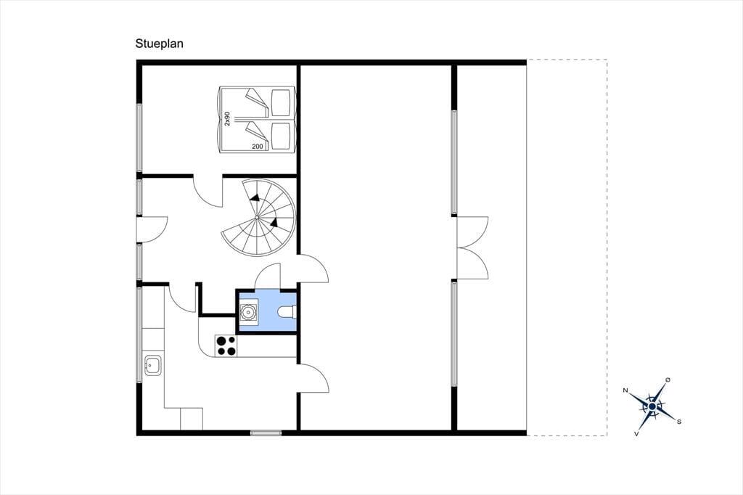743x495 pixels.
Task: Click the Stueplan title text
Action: (x=159, y=44)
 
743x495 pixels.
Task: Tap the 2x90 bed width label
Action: (x=227, y=118)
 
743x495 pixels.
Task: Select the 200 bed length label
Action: (x=258, y=147)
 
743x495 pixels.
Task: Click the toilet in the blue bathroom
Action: (x=287, y=312)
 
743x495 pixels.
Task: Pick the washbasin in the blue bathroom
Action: (x=248, y=312)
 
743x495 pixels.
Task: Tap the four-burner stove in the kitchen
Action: (x=226, y=345)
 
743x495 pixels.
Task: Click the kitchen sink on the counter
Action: (x=153, y=364)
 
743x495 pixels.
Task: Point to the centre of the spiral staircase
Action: (x=258, y=217)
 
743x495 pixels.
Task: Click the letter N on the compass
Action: (x=625, y=390)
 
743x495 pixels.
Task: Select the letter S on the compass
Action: (x=679, y=422)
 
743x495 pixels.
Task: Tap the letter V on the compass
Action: (x=636, y=433)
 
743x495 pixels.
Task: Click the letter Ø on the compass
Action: (x=668, y=380)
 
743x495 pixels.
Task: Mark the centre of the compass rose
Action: (x=652, y=406)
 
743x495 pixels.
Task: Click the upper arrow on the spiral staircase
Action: (x=255, y=197)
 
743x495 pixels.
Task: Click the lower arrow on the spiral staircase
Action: (x=274, y=222)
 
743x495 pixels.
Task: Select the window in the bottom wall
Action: (x=266, y=433)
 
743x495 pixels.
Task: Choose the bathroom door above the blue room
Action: (x=268, y=276)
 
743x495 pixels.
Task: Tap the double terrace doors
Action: (x=472, y=248)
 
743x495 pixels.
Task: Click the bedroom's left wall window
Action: (x=139, y=137)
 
